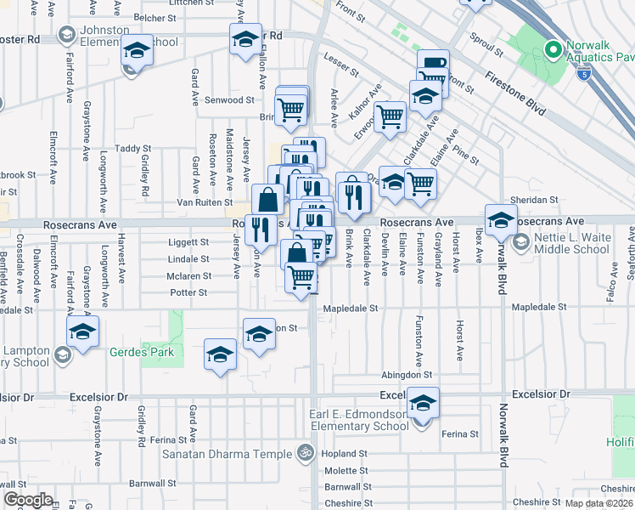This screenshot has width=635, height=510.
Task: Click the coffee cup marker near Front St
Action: point(433,65)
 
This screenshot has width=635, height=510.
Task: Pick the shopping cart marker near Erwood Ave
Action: point(390,118)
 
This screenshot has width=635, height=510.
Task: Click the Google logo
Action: point(28,500)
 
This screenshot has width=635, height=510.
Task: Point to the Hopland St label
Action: point(343,454)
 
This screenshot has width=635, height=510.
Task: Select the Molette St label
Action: point(343,471)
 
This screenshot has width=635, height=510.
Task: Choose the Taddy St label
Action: point(132,149)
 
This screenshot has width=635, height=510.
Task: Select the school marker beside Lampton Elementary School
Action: point(82,332)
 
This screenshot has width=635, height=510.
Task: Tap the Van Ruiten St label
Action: point(204,202)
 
